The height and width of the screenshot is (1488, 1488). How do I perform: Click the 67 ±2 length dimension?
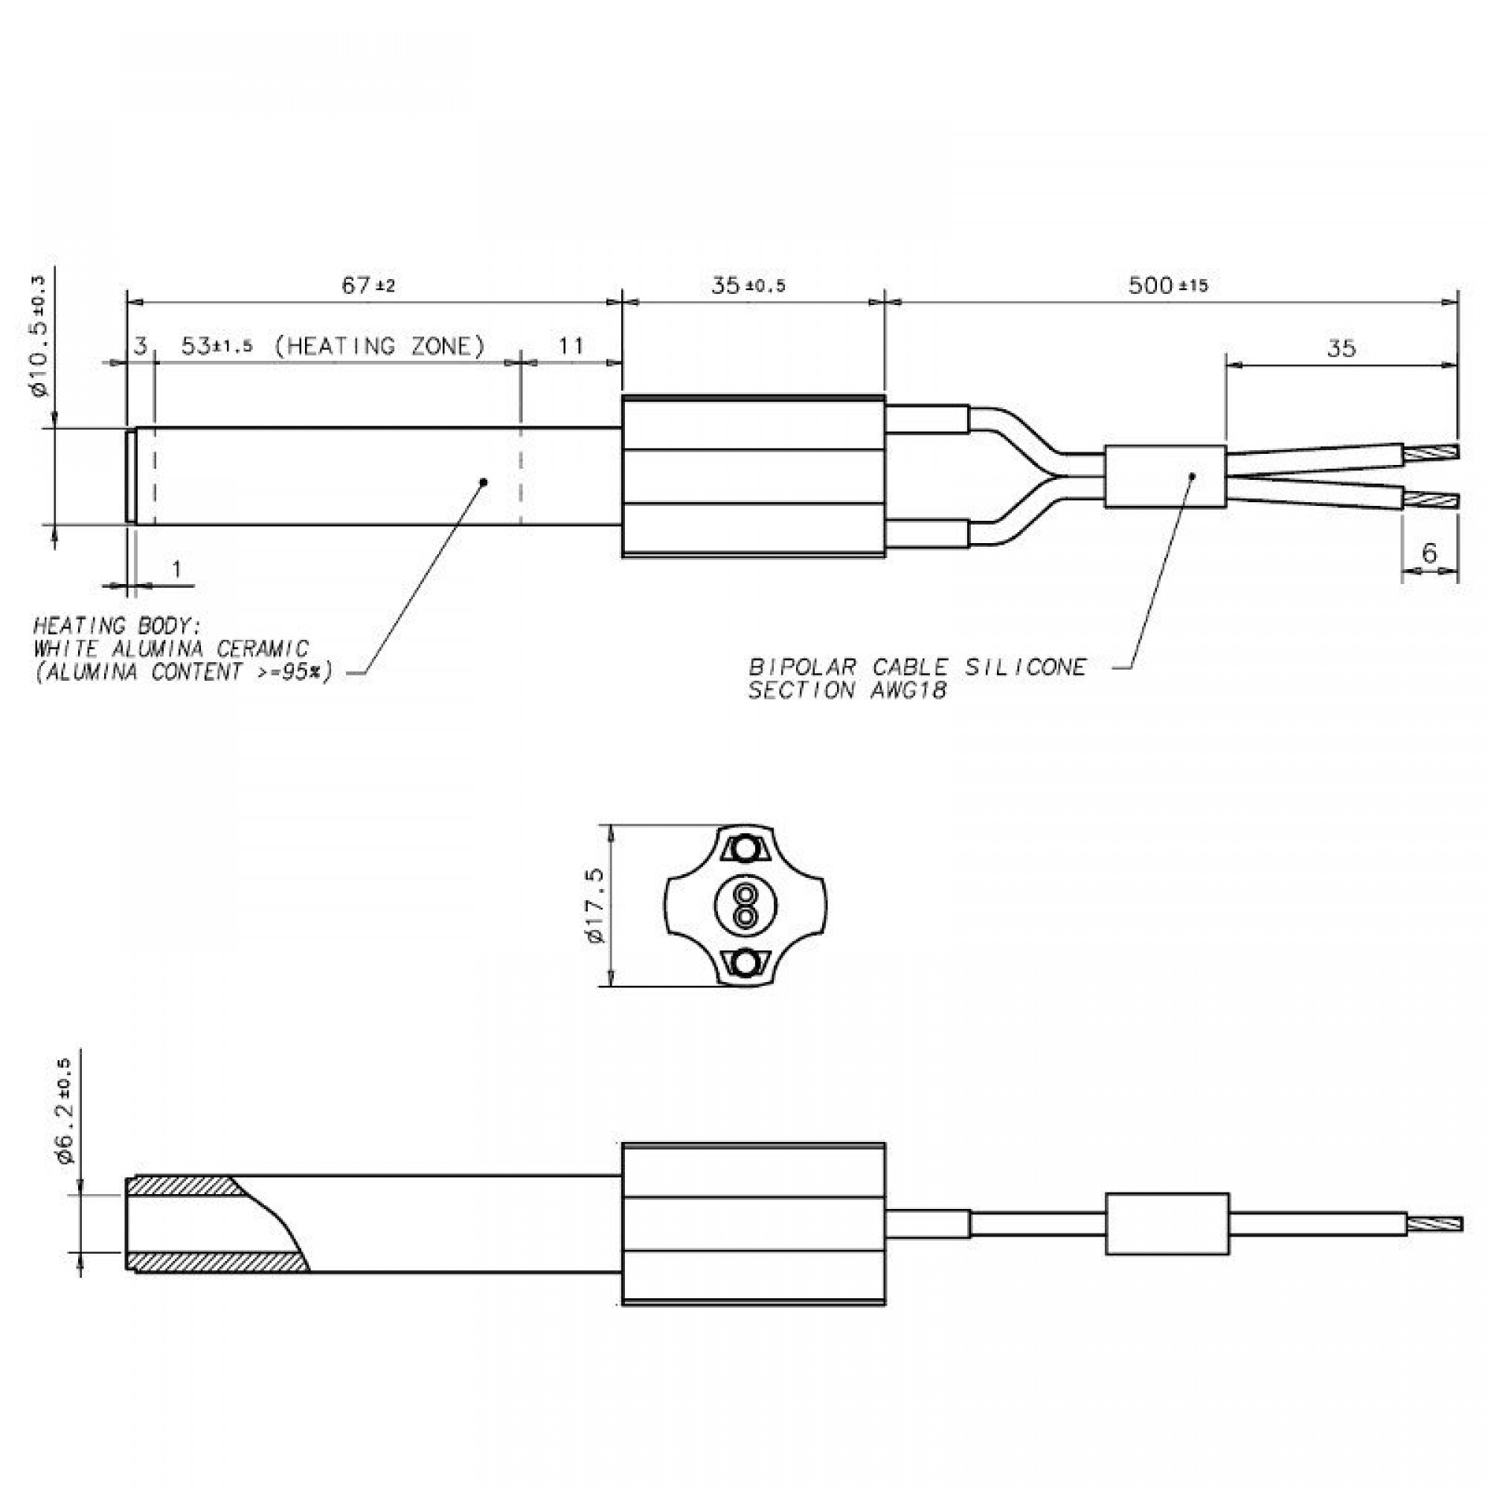[x=368, y=286]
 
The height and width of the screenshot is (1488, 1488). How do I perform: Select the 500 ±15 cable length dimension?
[x=1167, y=286]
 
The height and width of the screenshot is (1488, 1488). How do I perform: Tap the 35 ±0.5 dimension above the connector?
[x=747, y=286]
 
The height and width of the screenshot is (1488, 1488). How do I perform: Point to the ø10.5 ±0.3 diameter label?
[x=40, y=336]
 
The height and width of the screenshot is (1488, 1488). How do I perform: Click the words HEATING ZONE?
[x=380, y=347]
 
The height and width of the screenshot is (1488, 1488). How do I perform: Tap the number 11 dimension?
[x=571, y=346]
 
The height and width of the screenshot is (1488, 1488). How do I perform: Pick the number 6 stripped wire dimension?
[x=1428, y=552]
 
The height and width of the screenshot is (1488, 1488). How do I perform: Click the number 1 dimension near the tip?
[x=177, y=569]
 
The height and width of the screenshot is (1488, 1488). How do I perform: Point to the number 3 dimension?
[x=140, y=346]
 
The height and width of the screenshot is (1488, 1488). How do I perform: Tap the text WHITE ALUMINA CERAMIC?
[x=170, y=649]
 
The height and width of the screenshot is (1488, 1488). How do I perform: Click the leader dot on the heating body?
[x=484, y=482]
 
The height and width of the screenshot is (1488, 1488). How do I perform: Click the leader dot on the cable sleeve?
[x=1192, y=475]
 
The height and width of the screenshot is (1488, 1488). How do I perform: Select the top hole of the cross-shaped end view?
[x=745, y=850]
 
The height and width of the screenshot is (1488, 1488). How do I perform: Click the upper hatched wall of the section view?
[x=185, y=1185]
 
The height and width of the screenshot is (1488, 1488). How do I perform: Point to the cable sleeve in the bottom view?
[x=1167, y=1224]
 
